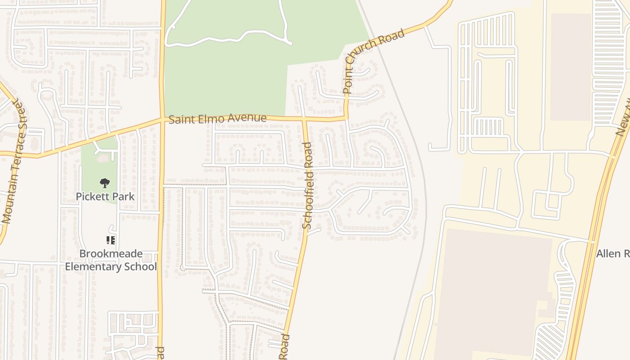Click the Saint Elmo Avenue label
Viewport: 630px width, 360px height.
click(x=217, y=119)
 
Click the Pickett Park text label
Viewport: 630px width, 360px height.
click(x=105, y=197)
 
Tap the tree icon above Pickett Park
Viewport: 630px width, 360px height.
click(x=105, y=183)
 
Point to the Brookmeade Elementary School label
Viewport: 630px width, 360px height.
click(x=111, y=260)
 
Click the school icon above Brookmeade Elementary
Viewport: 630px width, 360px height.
click(x=111, y=240)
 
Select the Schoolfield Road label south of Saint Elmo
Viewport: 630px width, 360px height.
click(x=308, y=185)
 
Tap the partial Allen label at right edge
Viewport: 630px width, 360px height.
click(x=612, y=254)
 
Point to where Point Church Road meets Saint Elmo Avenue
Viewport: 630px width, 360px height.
click(x=346, y=118)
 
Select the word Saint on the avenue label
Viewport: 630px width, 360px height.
click(x=180, y=120)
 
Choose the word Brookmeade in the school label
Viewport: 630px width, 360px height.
click(x=111, y=254)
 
